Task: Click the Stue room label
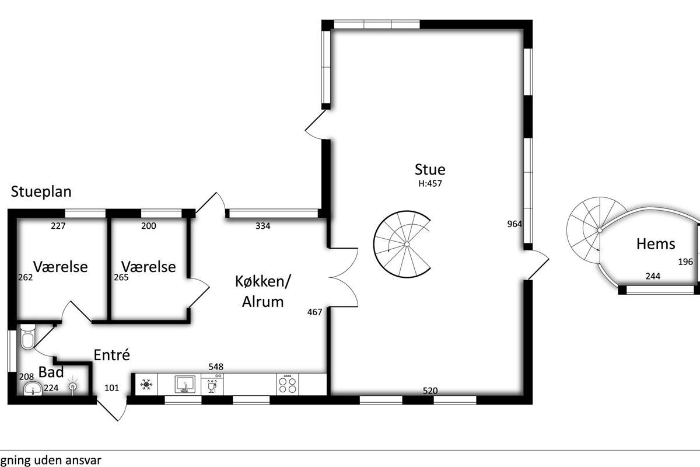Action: [430, 169]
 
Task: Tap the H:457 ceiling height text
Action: [430, 183]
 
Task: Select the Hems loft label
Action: [656, 244]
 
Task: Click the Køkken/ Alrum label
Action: [263, 291]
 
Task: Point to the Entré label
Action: [111, 355]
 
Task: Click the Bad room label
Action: [51, 372]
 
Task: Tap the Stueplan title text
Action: [41, 191]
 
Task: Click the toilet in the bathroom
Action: [28, 337]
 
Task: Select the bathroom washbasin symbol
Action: [33, 389]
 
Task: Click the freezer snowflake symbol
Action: [146, 384]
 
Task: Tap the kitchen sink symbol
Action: [185, 384]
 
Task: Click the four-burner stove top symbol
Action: [288, 385]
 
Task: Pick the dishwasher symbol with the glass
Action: [212, 385]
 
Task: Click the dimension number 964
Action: [514, 224]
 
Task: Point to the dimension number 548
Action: [216, 367]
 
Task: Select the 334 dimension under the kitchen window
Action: [263, 226]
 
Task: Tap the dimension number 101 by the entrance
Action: [111, 388]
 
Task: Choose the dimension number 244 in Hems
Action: [653, 276]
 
